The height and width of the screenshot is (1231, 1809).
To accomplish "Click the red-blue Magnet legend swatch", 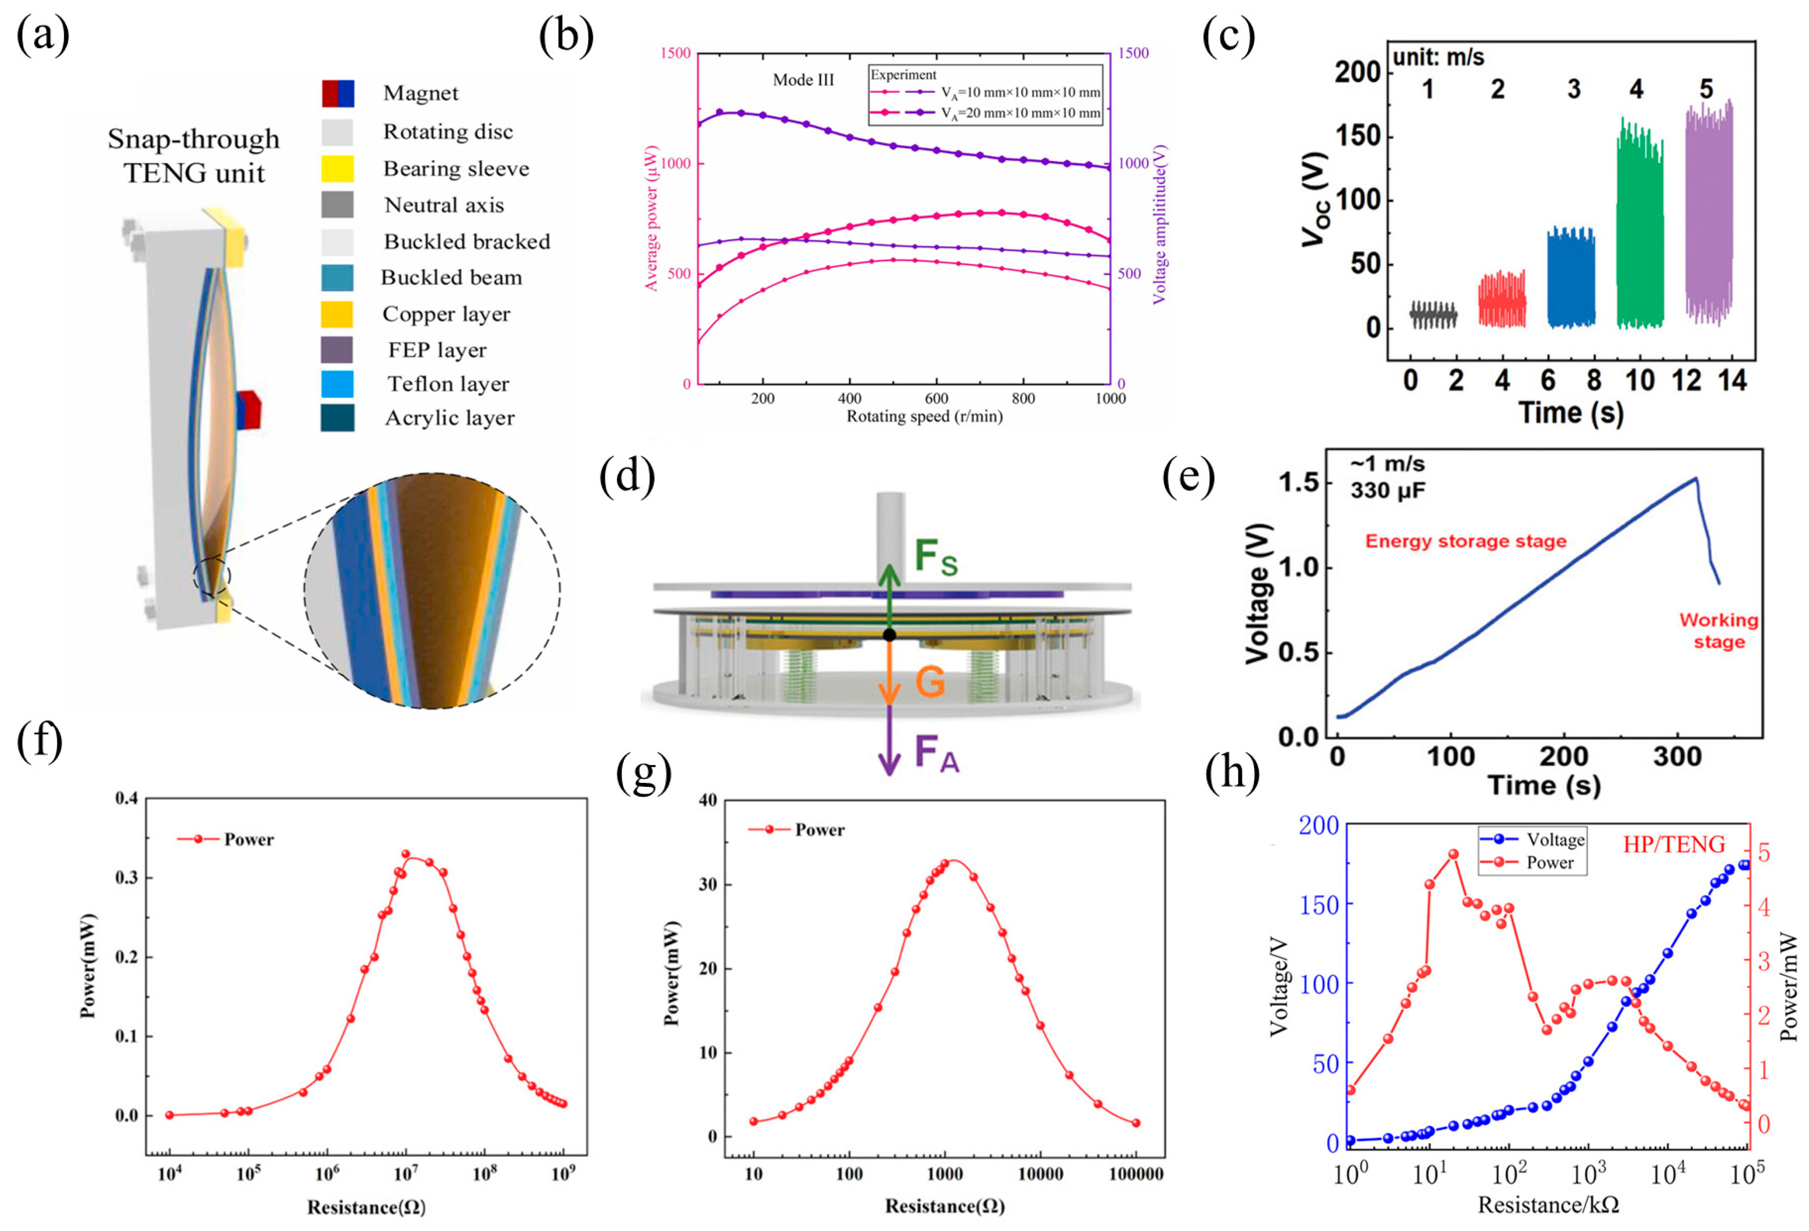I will (338, 93).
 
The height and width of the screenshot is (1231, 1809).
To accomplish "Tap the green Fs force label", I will (935, 557).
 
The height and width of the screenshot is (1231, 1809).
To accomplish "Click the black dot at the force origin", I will (890, 635).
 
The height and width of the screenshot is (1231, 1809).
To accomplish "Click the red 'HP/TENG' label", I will (1674, 844).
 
